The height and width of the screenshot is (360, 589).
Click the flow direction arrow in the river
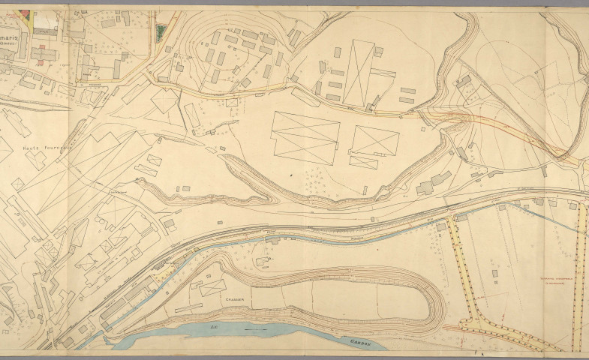pos(256,329)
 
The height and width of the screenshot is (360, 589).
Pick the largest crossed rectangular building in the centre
pos(306,138)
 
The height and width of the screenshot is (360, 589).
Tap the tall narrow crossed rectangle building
pos(359,73)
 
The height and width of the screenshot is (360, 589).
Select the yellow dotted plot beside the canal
pos(162,277)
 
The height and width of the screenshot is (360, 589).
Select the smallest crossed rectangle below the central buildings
pos(364,162)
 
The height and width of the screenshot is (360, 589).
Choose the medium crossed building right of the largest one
pos(375,140)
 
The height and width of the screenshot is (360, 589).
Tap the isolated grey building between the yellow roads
pos(494,277)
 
